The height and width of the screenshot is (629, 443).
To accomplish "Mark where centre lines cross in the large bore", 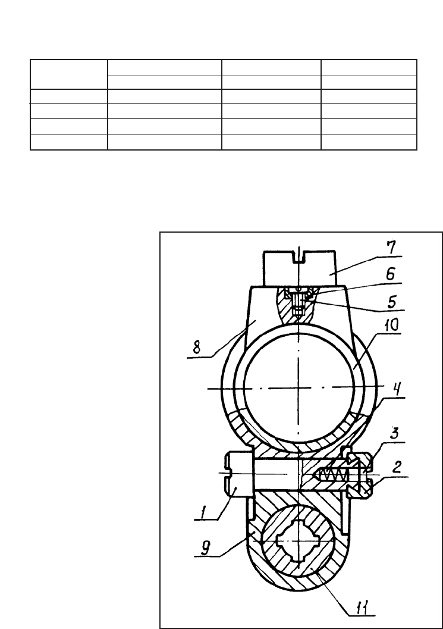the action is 301,387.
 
